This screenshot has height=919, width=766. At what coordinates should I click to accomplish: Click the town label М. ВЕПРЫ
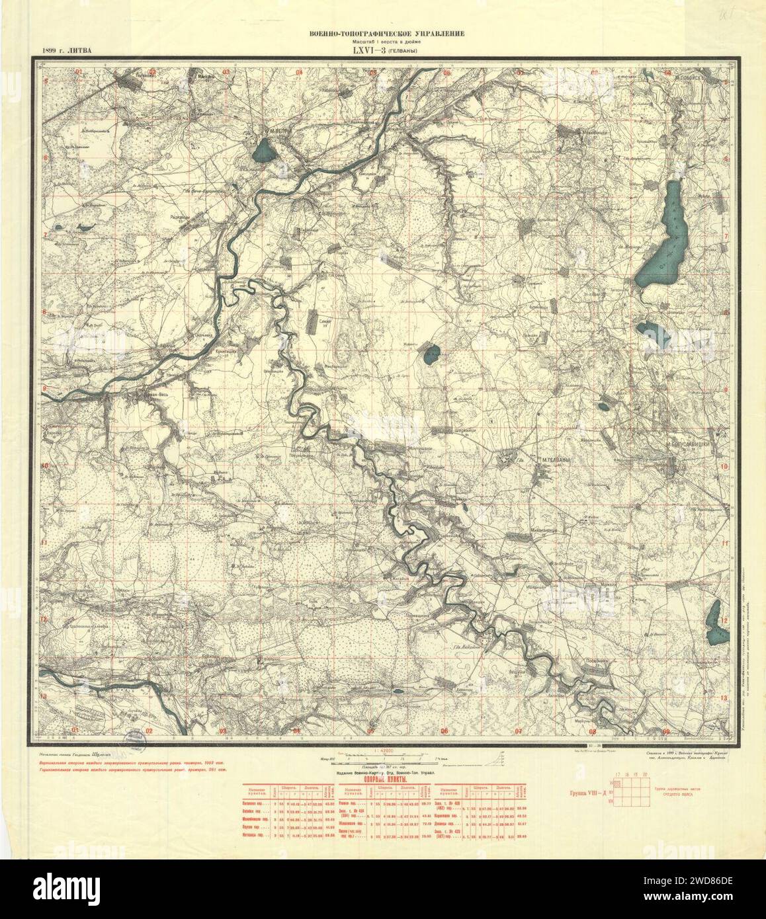pos(278,131)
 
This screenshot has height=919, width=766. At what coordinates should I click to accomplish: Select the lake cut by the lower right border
pos(714,625)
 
